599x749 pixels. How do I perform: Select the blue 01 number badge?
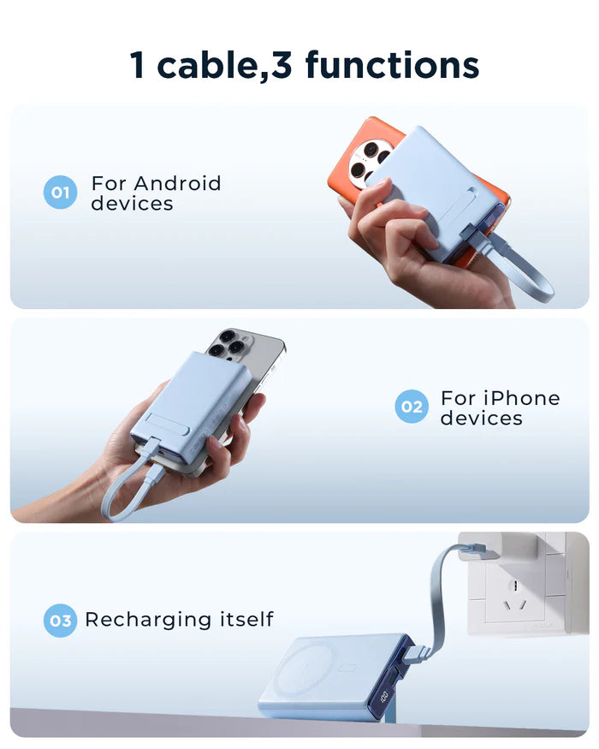click(60, 193)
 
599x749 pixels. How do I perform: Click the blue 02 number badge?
click(412, 407)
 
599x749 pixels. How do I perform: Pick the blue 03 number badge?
click(60, 621)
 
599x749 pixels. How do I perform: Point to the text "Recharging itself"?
click(179, 620)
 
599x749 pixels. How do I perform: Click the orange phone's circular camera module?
click(370, 160)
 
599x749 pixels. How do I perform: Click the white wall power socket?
click(517, 591)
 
